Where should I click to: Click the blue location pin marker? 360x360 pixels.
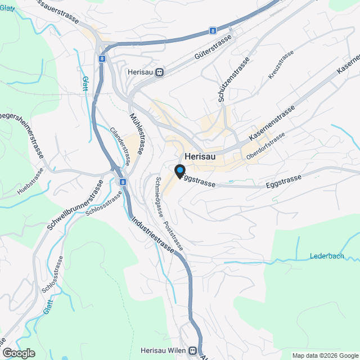180,171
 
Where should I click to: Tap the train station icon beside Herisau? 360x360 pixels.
160,72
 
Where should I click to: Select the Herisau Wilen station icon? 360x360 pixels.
193,350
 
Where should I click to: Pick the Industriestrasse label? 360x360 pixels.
153,235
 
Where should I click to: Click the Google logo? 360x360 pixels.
19,353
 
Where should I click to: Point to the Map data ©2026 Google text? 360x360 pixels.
325,355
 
